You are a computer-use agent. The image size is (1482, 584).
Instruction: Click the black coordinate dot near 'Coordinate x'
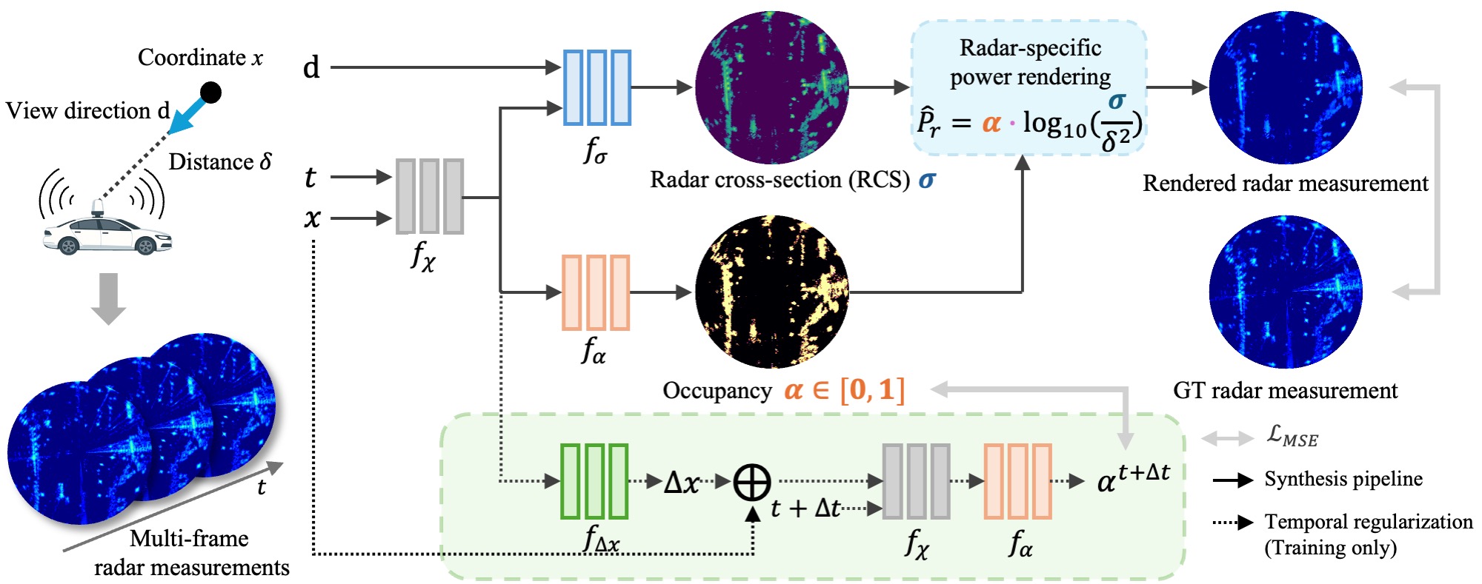pyautogui.click(x=211, y=93)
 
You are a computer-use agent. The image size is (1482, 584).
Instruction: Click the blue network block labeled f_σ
pyautogui.click(x=597, y=87)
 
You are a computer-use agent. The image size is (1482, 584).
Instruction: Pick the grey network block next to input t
pyautogui.click(x=430, y=196)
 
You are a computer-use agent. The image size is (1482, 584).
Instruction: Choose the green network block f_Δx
pyautogui.click(x=594, y=481)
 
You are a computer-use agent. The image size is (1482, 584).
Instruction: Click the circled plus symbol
pyautogui.click(x=752, y=483)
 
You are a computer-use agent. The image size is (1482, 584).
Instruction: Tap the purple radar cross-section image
pyautogui.click(x=771, y=87)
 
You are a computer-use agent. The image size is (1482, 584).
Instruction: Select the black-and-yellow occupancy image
pyautogui.click(x=771, y=292)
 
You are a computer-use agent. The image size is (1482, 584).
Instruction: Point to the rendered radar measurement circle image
pyautogui.click(x=1286, y=87)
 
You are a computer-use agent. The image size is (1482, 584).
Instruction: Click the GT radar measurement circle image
pyautogui.click(x=1286, y=292)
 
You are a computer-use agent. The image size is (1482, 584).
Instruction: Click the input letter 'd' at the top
pyautogui.click(x=311, y=68)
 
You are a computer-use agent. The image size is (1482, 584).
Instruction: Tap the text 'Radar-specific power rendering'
pyautogui.click(x=1030, y=62)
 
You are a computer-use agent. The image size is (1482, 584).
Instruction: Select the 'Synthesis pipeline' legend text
pyautogui.click(x=1343, y=479)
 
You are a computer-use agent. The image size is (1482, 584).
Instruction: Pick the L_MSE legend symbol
pyautogui.click(x=1292, y=436)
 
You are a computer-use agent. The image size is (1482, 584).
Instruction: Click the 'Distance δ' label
pyautogui.click(x=220, y=161)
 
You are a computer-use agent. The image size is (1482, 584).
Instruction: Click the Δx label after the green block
pyautogui.click(x=682, y=483)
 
